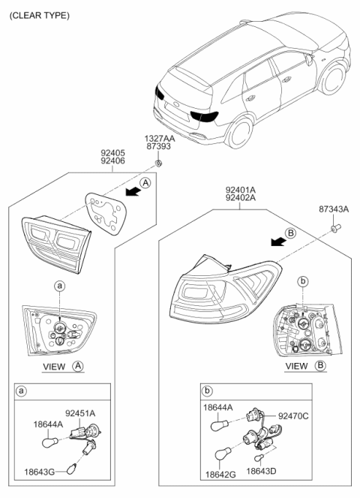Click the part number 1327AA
click(x=160, y=139)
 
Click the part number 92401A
click(x=239, y=190)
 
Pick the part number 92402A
click(x=239, y=200)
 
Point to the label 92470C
click(x=292, y=415)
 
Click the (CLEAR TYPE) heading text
click(x=39, y=15)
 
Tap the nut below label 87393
click(x=159, y=163)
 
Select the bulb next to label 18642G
click(x=223, y=454)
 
